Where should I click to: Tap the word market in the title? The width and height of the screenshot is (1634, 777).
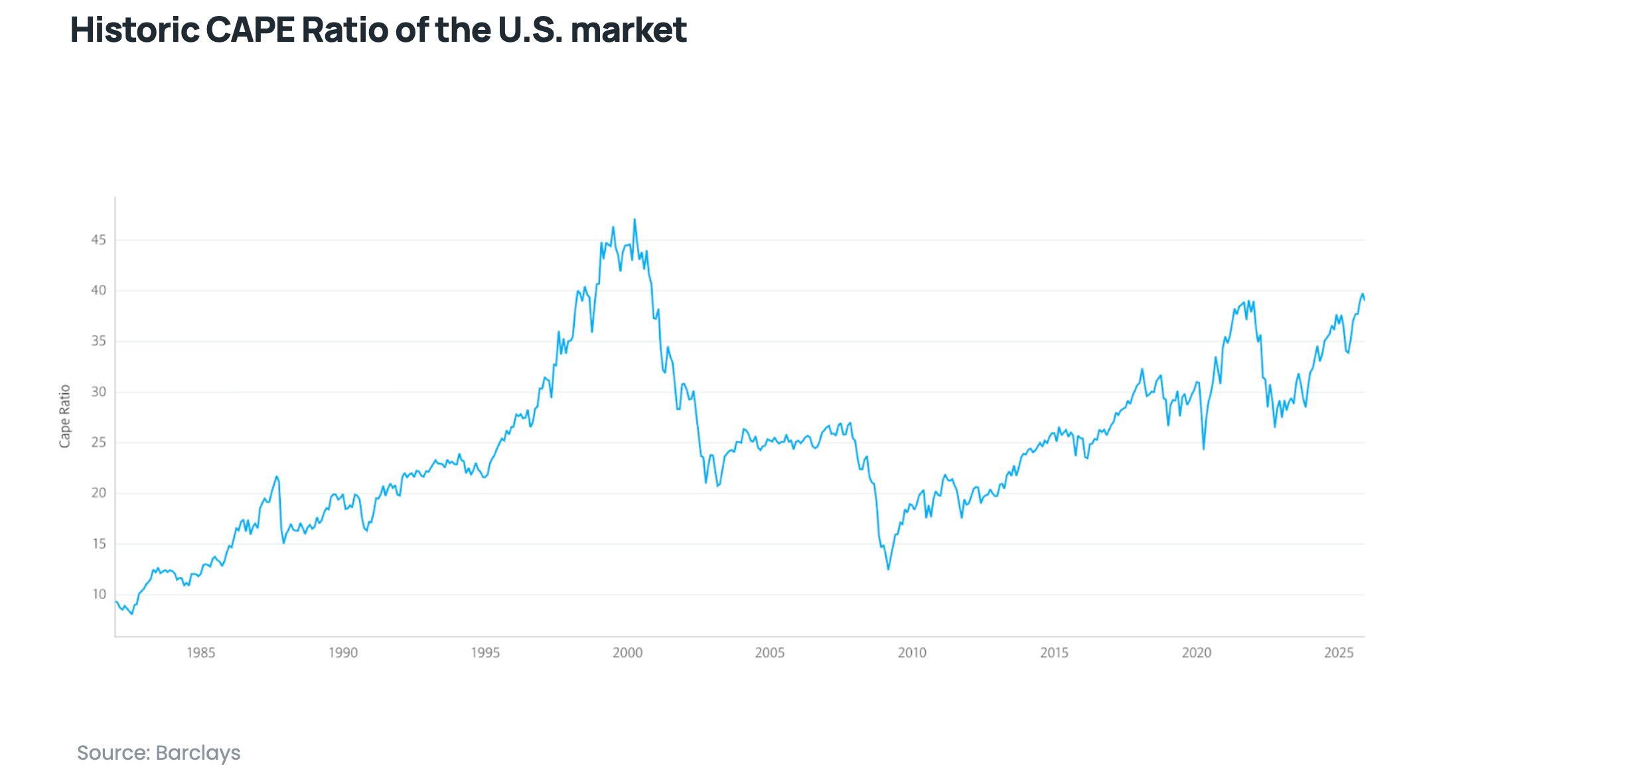point(628,30)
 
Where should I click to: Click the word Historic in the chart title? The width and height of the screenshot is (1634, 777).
point(135,30)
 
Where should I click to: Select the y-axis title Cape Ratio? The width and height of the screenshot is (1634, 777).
point(64,416)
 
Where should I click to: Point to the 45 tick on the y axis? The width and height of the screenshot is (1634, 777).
point(98,240)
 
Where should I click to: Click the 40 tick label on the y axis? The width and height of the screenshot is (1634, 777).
point(98,290)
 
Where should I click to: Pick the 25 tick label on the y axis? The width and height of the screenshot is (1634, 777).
point(98,442)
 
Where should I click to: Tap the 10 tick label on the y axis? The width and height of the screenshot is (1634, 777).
point(99,594)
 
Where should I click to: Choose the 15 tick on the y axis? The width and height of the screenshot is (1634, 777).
point(99,544)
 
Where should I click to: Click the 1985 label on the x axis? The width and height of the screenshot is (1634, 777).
point(200,653)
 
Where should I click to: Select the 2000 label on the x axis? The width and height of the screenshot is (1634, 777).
point(627,653)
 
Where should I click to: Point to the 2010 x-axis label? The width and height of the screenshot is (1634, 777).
point(912,653)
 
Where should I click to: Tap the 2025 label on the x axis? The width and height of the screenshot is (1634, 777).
point(1339,653)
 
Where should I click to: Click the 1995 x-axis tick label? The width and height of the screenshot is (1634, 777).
point(485,653)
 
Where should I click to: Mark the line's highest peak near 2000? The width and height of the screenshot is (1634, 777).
point(634,219)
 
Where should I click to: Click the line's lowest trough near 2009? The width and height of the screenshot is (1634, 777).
point(889,569)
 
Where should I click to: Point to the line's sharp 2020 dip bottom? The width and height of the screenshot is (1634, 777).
point(1203,449)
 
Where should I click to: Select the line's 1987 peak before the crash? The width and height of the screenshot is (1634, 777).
point(277,476)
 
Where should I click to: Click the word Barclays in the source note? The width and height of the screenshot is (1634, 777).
point(198,752)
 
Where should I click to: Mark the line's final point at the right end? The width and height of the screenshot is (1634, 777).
point(1364,300)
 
